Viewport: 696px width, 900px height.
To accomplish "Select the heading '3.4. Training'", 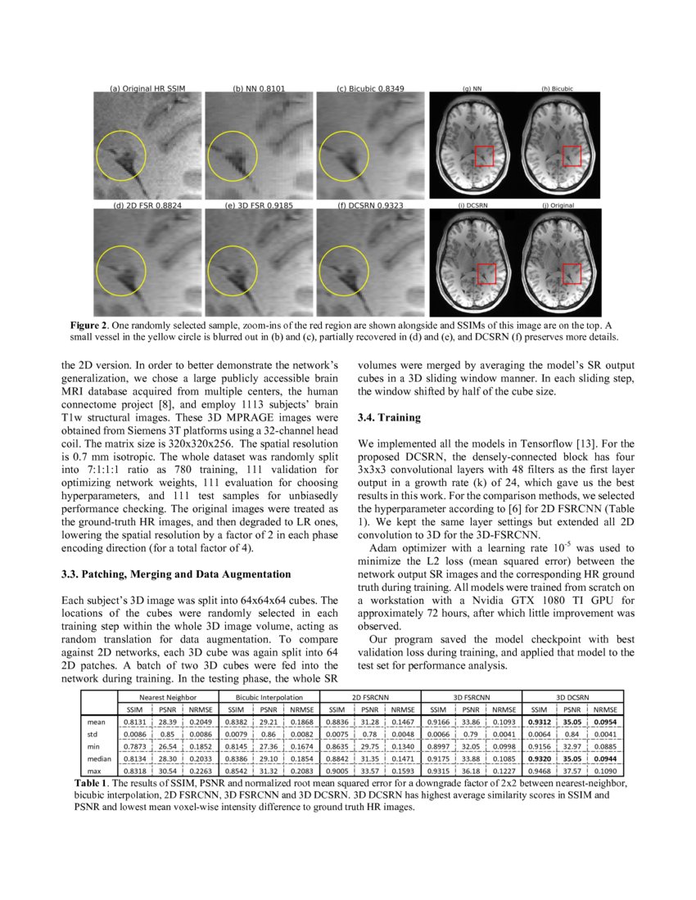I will click(390, 417).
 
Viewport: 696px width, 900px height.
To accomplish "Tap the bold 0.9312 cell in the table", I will click(539, 722).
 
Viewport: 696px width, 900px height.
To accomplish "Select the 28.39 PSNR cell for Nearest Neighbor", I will click(166, 722).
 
